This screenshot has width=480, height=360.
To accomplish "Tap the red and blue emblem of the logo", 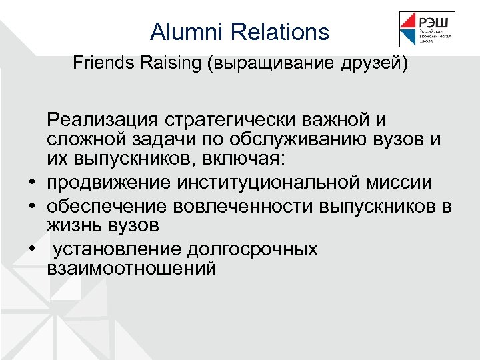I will [x=409, y=29].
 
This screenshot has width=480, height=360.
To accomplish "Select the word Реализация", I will [x=106, y=121].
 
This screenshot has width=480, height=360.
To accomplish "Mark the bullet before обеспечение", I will [x=31, y=204].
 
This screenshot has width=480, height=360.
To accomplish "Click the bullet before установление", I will [x=31, y=248].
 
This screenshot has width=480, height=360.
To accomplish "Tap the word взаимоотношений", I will [x=132, y=269].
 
